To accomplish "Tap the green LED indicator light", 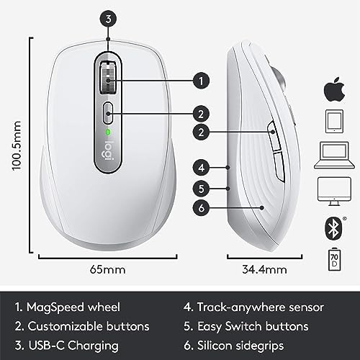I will (x=107, y=133).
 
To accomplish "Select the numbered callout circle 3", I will (x=108, y=20).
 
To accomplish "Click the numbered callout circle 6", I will (x=202, y=208).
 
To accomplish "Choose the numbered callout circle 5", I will (x=202, y=188).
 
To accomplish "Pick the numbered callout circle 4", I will (x=202, y=167).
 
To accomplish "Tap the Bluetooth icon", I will (x=333, y=225).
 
